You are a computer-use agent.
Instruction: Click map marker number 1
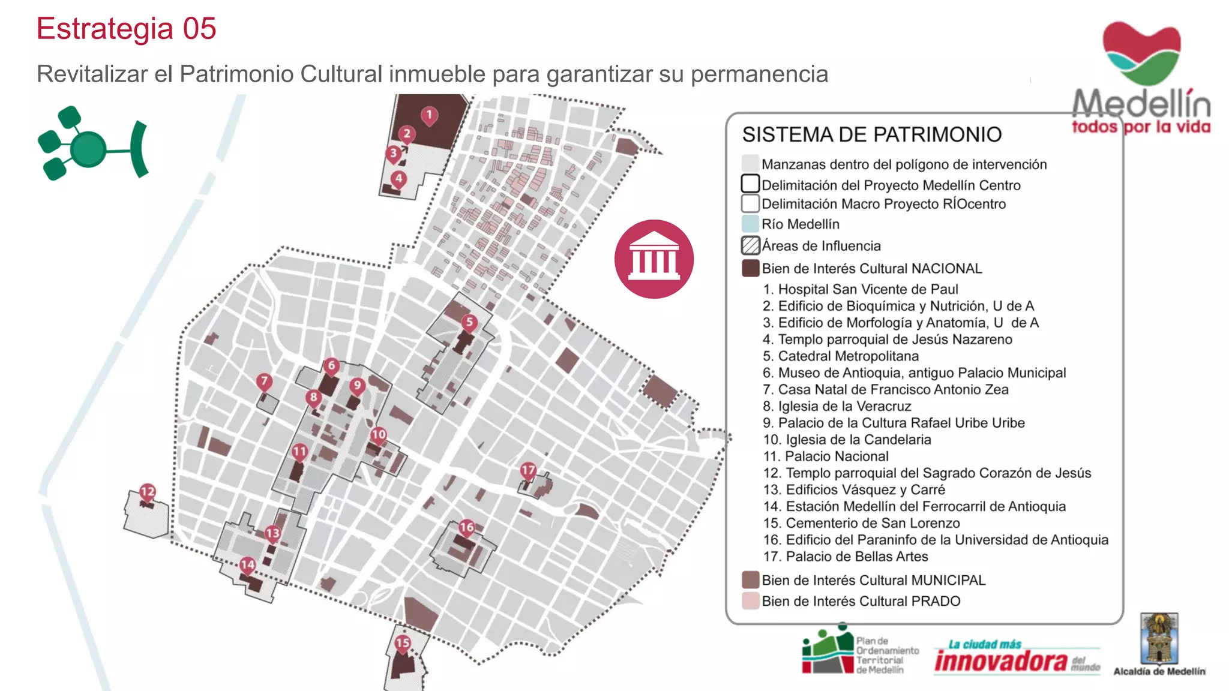(429, 115)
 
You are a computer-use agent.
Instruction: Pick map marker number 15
(403, 643)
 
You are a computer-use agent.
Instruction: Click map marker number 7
(264, 381)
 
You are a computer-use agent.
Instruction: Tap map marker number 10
(379, 435)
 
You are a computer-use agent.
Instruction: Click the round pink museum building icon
(654, 259)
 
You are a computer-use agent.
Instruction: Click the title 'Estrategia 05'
(126, 29)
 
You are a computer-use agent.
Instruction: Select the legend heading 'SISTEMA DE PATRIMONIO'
(871, 134)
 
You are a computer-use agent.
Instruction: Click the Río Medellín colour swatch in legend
(750, 224)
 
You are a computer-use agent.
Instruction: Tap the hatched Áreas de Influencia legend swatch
(750, 245)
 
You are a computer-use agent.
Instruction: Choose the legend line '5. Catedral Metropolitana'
(840, 356)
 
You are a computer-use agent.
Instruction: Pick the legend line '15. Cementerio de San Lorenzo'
(861, 523)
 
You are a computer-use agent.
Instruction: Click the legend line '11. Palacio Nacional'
(826, 456)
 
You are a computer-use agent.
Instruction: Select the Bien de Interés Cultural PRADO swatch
(750, 601)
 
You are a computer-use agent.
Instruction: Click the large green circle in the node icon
(88, 148)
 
